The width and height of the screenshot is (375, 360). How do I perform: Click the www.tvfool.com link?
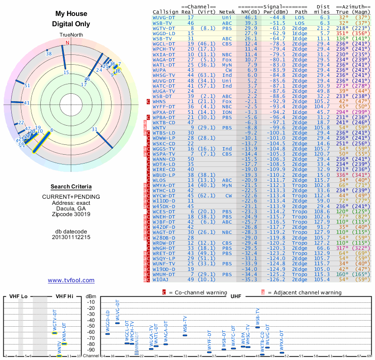[71, 280]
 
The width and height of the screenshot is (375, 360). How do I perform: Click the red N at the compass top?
[67, 43]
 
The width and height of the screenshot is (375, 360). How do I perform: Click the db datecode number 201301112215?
[71, 237]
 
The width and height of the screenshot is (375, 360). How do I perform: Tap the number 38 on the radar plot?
[48, 54]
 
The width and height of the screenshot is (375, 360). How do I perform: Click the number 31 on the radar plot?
[94, 129]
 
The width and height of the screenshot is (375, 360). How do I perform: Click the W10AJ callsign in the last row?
[162, 279]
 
